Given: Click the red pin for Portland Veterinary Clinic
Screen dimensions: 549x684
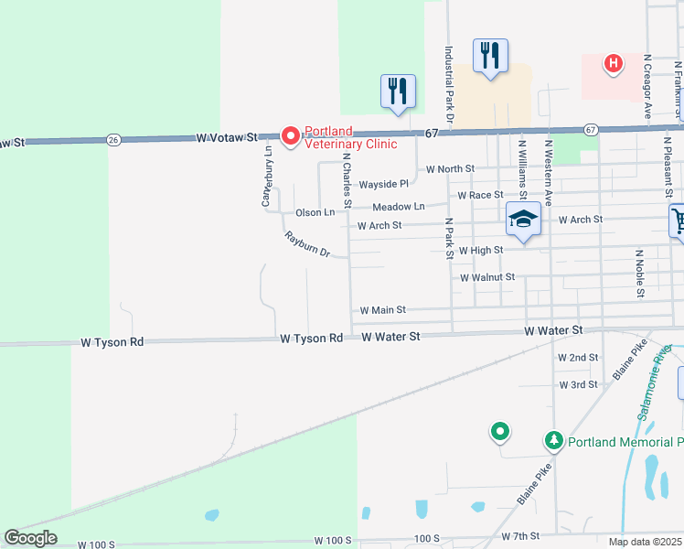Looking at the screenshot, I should point(292,136).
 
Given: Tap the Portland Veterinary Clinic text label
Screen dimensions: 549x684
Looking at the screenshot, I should point(350,137).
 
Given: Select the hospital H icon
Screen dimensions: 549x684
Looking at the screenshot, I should point(613,63).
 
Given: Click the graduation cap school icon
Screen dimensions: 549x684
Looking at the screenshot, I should point(522,220).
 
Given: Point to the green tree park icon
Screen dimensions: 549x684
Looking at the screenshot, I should point(553,441).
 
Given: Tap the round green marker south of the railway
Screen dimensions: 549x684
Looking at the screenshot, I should point(499,430).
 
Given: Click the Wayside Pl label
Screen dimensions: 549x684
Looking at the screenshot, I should point(383,184).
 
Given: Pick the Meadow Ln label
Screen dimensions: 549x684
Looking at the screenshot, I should point(399,208).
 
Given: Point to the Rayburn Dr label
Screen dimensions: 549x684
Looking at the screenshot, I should point(307,244).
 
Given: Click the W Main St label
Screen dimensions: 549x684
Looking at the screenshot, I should point(382,311).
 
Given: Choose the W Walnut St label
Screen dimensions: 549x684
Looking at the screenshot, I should point(487,277).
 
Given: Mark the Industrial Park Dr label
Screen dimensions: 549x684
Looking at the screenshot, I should point(449,85).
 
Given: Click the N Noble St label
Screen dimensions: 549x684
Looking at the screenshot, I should point(637,273).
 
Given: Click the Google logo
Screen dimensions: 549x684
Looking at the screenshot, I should point(30,538).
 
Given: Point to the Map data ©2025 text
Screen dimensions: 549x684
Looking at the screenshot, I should point(645,542).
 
